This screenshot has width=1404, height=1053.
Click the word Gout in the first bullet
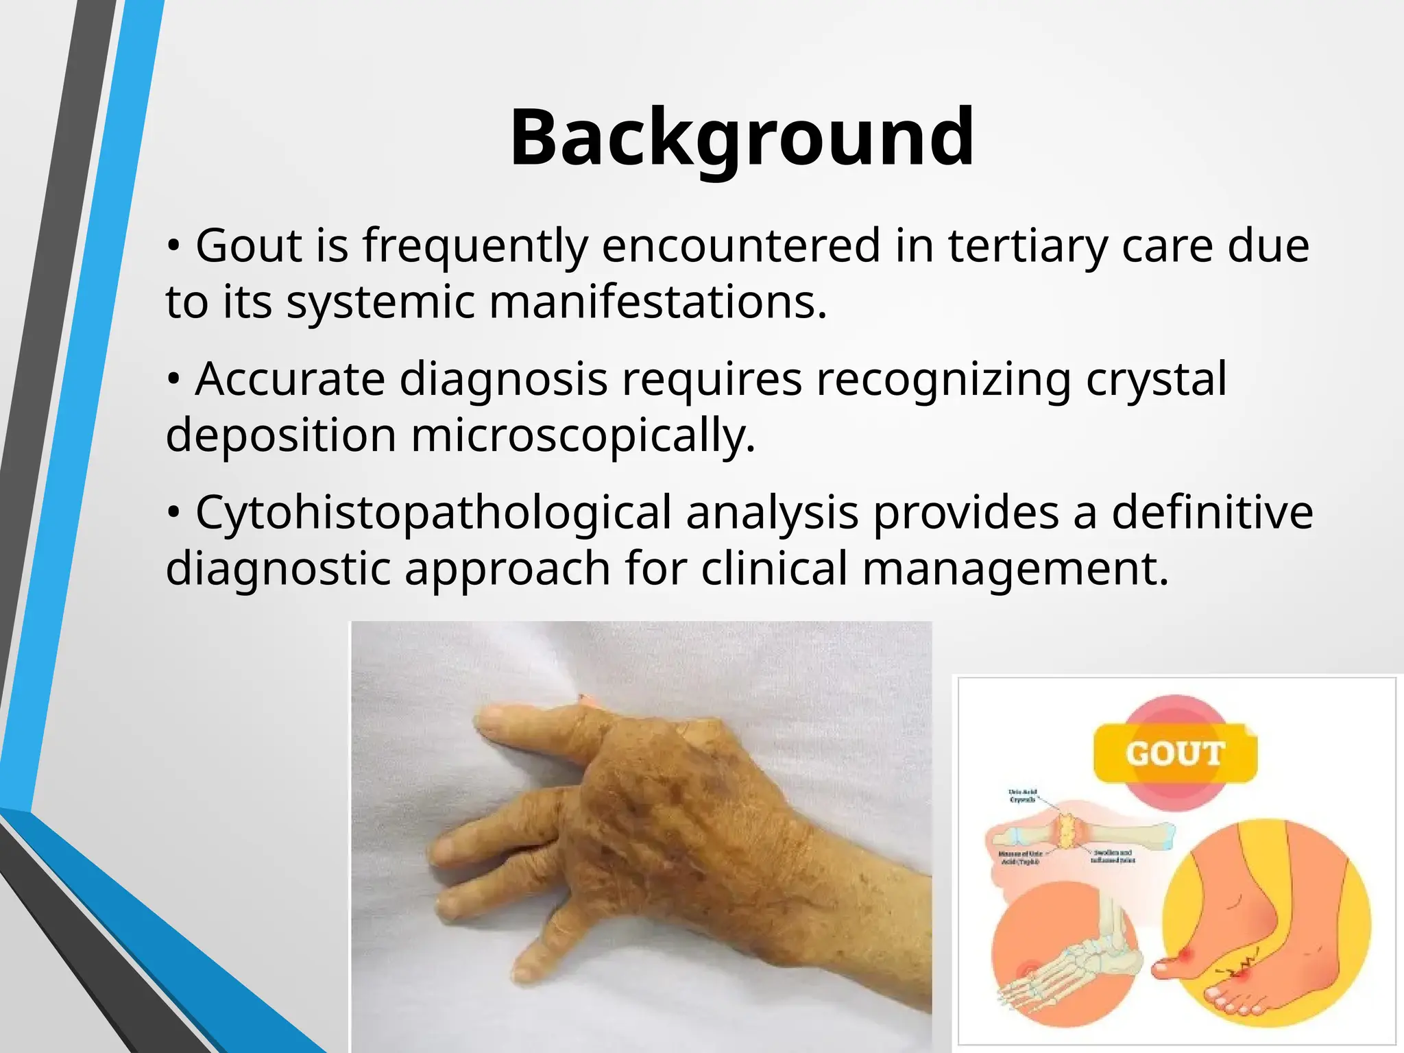pos(248,245)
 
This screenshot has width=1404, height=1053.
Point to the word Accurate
pos(290,378)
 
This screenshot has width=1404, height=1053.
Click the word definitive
pos(1212,512)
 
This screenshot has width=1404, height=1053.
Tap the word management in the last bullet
pos(1015,568)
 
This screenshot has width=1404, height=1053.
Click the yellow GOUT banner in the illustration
pos(1174,754)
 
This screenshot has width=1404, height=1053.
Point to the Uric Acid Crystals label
pos(1023,795)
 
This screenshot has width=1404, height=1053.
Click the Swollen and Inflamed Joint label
pos(1112,856)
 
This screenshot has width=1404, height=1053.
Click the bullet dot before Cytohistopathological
pos(173,512)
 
